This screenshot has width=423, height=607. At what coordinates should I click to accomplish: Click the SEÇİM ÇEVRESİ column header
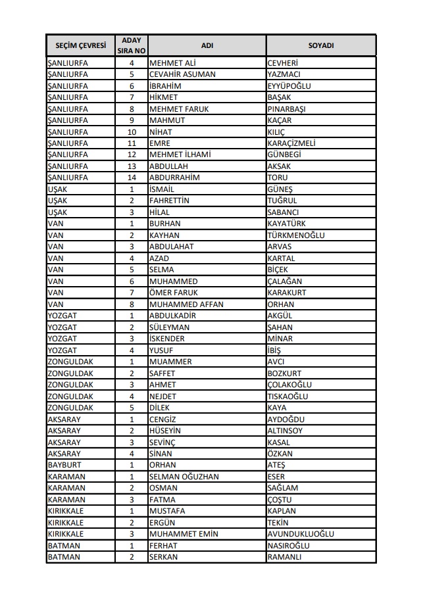click(80, 45)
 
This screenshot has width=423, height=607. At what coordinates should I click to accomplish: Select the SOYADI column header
click(321, 45)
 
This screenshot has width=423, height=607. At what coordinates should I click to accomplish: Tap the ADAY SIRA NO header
click(132, 45)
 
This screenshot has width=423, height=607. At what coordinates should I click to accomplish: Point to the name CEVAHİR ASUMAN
click(182, 74)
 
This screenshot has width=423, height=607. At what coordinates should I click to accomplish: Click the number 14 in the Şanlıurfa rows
click(132, 178)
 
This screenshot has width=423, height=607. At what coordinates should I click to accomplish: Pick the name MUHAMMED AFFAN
click(186, 304)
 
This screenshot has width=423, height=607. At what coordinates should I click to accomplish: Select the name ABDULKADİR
click(173, 316)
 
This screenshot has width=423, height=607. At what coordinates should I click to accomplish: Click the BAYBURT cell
click(65, 466)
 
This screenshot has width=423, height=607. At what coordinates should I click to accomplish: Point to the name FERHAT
click(164, 546)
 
